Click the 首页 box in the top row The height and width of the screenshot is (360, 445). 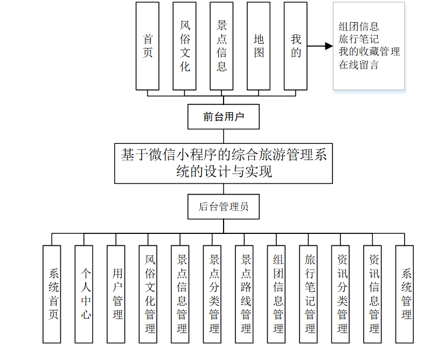tap(147, 46)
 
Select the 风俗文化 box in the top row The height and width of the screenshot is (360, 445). tap(185, 46)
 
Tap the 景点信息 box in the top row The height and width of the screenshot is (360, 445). tap(221, 46)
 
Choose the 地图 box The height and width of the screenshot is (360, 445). tap(259, 46)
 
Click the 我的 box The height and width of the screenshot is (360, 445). tap(296, 46)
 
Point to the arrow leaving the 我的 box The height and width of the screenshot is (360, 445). tap(321, 46)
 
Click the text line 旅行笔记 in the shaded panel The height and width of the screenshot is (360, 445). tap(359, 39)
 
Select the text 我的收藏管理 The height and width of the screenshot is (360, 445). tap(369, 52)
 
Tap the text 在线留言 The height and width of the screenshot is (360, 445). tap(359, 65)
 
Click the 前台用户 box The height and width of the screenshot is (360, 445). tap(224, 116)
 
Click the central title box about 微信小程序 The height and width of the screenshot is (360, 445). tap(224, 163)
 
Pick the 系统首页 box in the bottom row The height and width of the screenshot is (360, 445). tap(52, 294)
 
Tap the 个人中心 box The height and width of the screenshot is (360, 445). tap(85, 294)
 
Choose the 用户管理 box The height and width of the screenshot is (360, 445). tap(116, 294)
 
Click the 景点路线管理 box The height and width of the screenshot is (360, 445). tap(245, 294)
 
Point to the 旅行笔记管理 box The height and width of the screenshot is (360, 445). tap(309, 294)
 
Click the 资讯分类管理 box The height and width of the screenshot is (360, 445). tap(341, 294)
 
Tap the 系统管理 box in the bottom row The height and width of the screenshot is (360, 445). tap(405, 294)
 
